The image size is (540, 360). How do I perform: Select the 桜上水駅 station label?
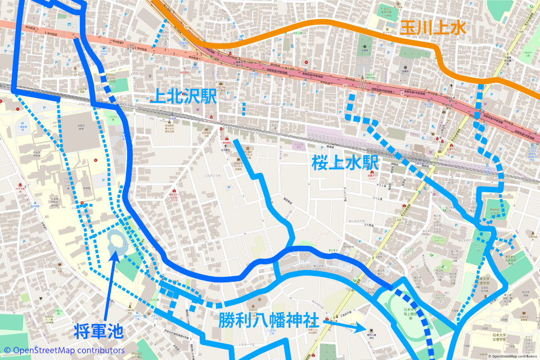[345, 163]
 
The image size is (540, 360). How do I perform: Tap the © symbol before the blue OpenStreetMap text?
[7, 350]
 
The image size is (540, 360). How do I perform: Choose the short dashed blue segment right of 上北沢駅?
[244, 109]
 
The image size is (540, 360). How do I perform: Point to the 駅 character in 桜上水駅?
[368, 163]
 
